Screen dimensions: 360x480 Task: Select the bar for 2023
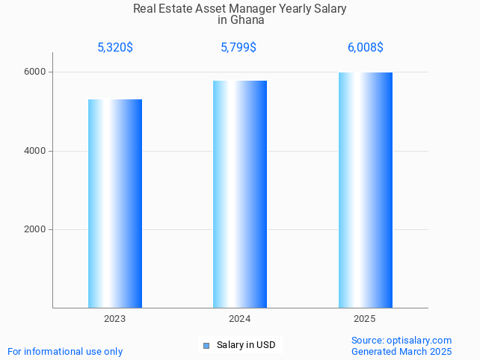point(115,203)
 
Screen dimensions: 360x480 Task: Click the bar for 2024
point(240,194)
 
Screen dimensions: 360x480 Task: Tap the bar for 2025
point(365,190)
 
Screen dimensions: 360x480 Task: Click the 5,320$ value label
point(115,48)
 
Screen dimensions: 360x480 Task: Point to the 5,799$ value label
point(239,48)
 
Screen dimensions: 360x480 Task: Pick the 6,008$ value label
point(366,48)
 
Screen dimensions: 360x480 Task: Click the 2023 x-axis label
point(115,319)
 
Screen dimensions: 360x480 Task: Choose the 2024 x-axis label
point(240,319)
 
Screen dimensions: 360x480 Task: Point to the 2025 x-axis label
point(365,319)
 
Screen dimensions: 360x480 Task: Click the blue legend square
point(206,345)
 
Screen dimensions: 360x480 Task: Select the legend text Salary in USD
point(246,345)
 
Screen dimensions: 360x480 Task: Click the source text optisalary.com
point(419,341)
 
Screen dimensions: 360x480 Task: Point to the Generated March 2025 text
point(401,351)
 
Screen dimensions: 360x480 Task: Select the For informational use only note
point(65,351)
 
